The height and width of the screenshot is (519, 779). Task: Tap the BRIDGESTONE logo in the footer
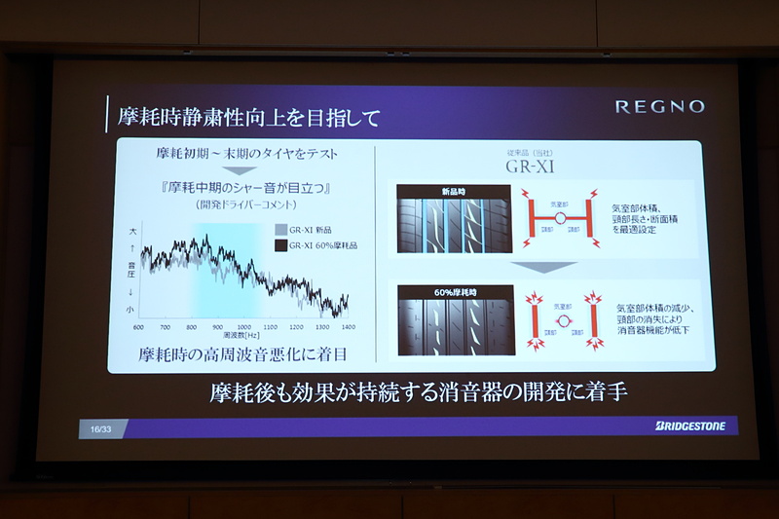point(690,426)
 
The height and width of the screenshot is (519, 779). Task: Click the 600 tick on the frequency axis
point(138,327)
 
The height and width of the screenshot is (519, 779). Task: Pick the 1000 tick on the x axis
point(243,327)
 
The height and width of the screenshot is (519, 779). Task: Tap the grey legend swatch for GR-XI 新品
point(280,229)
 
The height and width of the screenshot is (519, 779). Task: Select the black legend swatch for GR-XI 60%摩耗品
point(280,245)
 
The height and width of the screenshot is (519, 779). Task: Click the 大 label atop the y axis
point(131,233)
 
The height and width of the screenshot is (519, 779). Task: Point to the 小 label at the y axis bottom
point(131,310)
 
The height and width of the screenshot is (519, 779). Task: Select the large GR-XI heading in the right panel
point(530,166)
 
